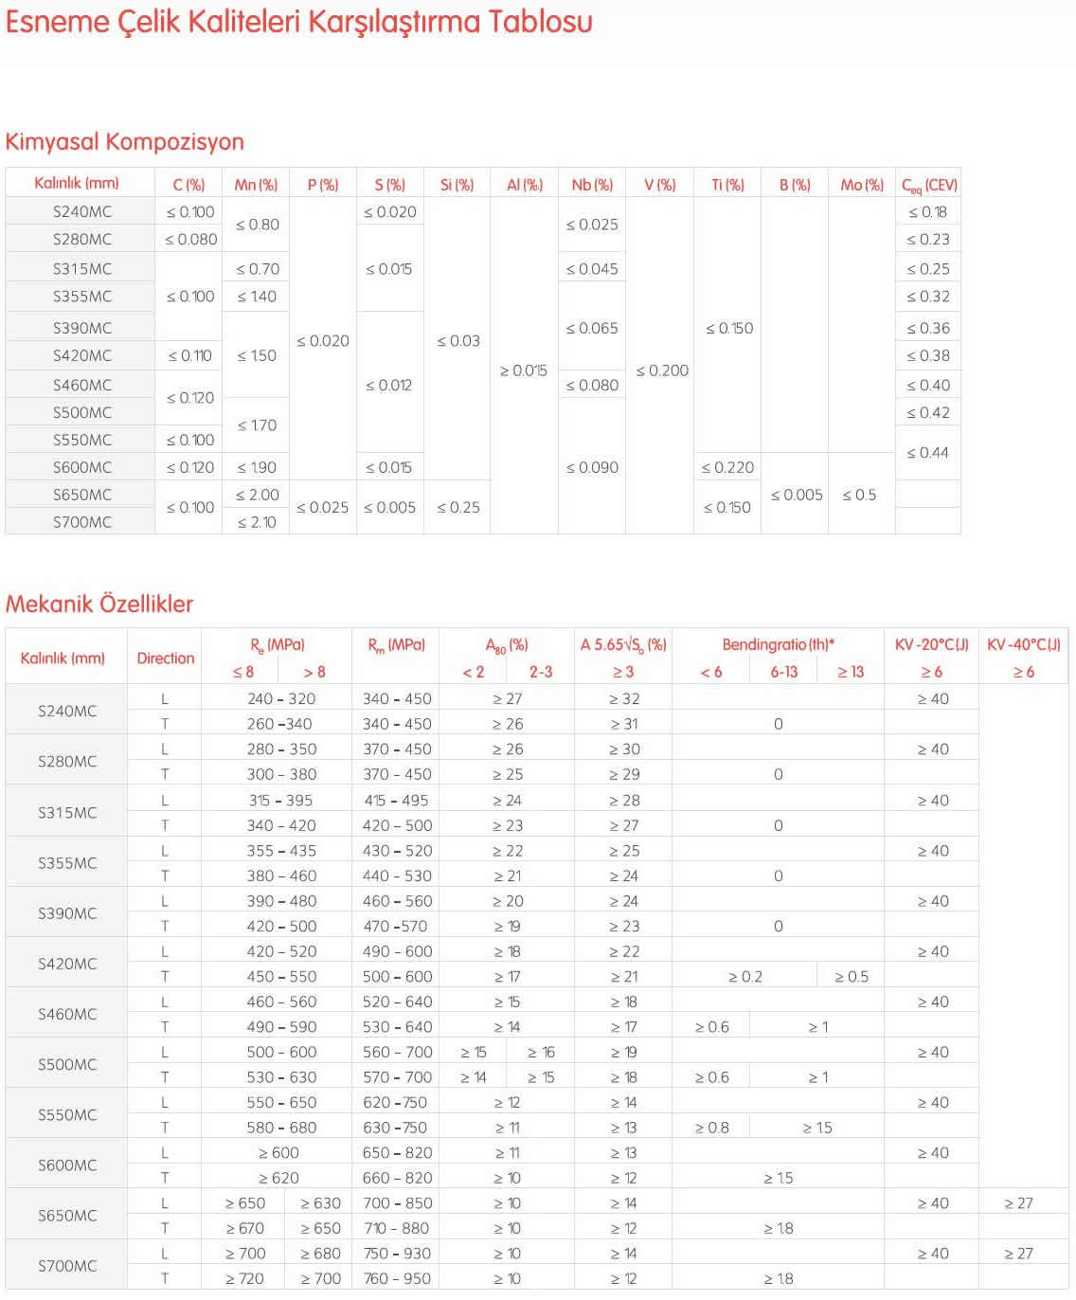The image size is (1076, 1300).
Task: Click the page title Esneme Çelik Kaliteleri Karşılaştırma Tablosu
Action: point(299,22)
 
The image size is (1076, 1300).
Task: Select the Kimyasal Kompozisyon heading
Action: point(125,142)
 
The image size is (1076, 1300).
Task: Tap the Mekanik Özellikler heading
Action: point(99,605)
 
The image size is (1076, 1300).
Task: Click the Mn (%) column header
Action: point(256,185)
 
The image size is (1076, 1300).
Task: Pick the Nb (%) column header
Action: point(592,185)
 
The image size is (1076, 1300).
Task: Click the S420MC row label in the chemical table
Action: point(82,356)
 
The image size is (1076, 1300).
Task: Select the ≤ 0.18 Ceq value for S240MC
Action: point(927,212)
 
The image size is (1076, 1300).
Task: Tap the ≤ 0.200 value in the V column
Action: point(662,370)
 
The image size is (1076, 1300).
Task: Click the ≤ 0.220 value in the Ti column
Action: point(727,467)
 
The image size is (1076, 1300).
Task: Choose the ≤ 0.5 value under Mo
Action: point(859,495)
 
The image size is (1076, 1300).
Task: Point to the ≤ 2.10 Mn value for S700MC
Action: point(257,522)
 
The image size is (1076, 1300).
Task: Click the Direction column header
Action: point(166,659)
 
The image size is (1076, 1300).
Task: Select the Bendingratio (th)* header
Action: point(779,645)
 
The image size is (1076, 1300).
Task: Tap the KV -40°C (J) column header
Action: point(1024,645)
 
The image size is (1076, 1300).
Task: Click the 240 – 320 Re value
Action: point(281,699)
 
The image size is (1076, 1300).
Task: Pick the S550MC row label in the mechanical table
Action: point(67,1115)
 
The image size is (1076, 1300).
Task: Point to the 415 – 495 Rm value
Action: point(397,801)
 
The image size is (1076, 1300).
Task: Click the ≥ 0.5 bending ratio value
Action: point(852,977)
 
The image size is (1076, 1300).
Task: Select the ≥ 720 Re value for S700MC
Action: point(245,1279)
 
